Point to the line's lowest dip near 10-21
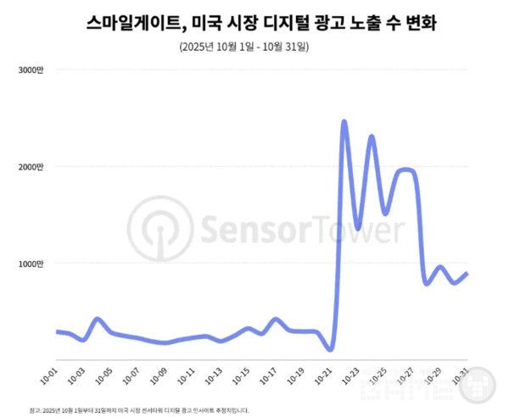(330, 348)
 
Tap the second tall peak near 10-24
(372, 136)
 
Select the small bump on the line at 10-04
(98, 319)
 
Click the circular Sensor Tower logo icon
(161, 230)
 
